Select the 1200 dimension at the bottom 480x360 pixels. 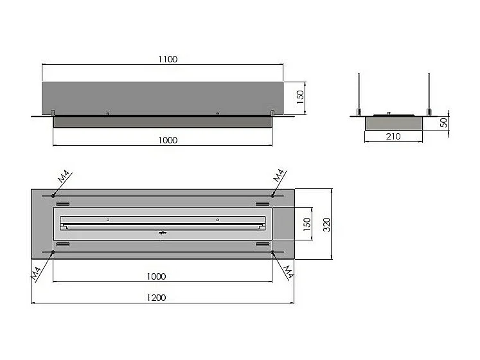156,297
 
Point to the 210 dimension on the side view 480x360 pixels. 394,136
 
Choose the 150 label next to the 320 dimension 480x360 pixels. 307,224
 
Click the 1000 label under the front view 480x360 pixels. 166,139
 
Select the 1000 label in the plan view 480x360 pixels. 156,276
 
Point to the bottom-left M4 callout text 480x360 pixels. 36,273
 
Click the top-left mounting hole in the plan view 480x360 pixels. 52,195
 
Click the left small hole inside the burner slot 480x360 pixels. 108,220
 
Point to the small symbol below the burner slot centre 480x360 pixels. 163,232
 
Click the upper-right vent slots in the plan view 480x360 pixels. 262,203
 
